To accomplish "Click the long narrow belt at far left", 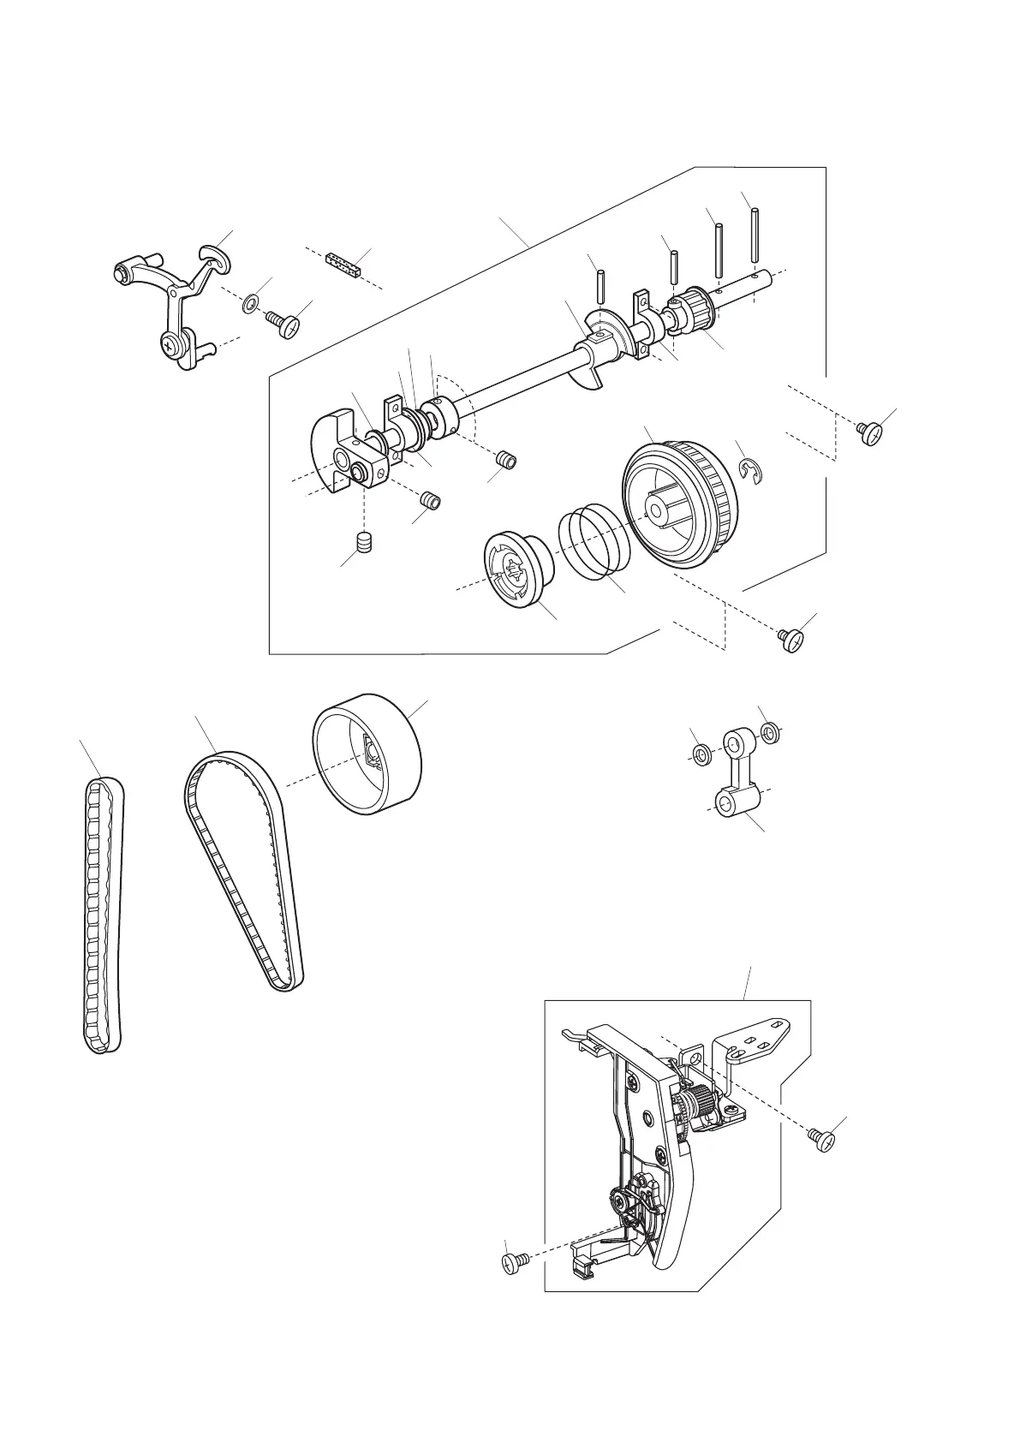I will (x=103, y=916).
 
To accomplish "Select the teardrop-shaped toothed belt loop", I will (x=244, y=873).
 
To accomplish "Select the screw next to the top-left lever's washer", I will (x=285, y=325).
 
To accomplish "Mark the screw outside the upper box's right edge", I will (x=871, y=432).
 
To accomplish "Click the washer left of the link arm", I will (x=701, y=754).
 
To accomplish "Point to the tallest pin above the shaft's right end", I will (x=755, y=235).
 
